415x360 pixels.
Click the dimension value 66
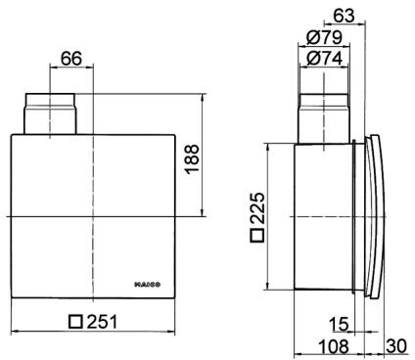[71, 59]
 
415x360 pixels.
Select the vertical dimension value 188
[192, 159]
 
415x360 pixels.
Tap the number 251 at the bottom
[102, 322]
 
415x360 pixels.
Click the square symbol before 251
[75, 322]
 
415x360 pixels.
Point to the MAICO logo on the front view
[148, 285]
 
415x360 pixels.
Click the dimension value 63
[344, 15]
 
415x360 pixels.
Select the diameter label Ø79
[325, 38]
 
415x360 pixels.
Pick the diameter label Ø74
[325, 59]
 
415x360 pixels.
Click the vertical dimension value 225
[256, 207]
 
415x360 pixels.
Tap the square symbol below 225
[256, 235]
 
